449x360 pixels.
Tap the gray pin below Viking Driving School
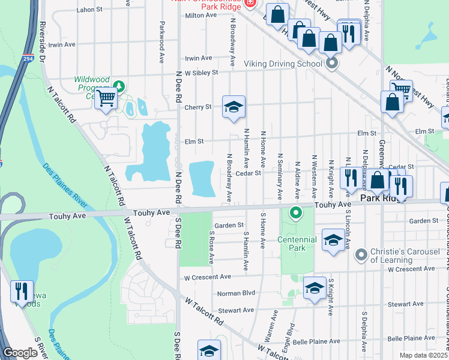[x=331, y=63]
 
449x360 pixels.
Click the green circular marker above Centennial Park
[x=295, y=212]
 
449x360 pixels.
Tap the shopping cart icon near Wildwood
[x=106, y=99]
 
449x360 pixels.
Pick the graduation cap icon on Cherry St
[x=234, y=108]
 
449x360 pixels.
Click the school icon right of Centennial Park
[x=333, y=241]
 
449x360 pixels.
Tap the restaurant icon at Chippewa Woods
[x=22, y=292]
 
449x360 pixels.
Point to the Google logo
[x=20, y=353]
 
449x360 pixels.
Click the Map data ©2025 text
[x=423, y=355]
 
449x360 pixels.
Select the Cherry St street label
[x=199, y=107]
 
